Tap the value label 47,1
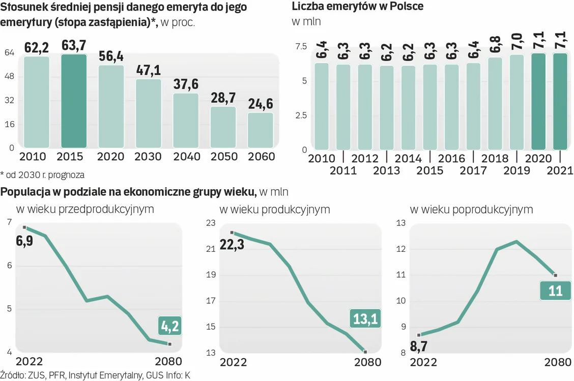[149, 70]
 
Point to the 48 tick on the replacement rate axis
[9, 77]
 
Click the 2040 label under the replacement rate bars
[186, 157]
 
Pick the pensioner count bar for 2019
[516, 102]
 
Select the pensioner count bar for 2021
[560, 101]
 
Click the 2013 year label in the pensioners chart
[386, 170]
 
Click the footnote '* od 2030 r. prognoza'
[43, 175]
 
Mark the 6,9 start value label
[24, 241]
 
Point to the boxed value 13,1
[365, 319]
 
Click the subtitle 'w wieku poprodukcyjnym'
[471, 210]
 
